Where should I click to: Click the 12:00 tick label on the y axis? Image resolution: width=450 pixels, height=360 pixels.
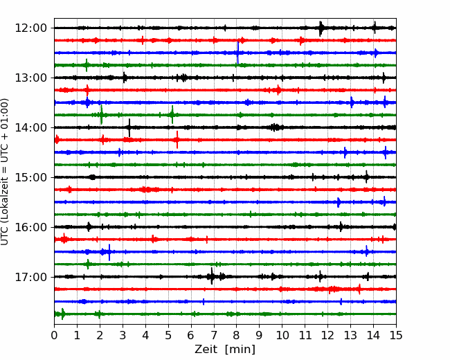(x=30, y=28)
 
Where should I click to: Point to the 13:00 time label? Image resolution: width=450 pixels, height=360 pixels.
(x=30, y=78)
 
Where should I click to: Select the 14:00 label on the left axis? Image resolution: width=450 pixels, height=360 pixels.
(x=30, y=127)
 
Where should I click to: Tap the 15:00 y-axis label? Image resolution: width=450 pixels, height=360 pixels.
(x=30, y=177)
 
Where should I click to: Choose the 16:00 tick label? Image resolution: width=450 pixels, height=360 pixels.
(x=30, y=227)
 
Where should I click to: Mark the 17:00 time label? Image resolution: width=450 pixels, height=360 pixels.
(x=30, y=277)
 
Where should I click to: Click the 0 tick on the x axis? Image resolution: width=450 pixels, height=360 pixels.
(x=54, y=335)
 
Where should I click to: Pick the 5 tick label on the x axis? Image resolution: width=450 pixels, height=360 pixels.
(x=168, y=335)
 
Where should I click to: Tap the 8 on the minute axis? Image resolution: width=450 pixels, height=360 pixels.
(x=237, y=335)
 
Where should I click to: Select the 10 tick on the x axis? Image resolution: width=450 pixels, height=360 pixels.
(x=282, y=335)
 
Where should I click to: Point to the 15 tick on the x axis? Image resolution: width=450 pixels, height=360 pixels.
(x=396, y=335)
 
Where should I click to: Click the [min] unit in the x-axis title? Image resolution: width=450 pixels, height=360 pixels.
(x=240, y=350)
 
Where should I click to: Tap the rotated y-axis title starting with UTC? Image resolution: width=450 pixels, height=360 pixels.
(x=5, y=172)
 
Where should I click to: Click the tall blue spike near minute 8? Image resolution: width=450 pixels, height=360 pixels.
(x=237, y=53)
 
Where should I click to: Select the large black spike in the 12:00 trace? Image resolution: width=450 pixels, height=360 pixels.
(x=321, y=28)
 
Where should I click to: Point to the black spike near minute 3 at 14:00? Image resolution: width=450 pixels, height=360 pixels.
(x=129, y=127)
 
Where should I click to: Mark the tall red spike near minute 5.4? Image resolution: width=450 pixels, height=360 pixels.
(x=177, y=140)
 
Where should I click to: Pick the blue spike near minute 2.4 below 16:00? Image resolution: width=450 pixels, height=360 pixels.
(x=109, y=252)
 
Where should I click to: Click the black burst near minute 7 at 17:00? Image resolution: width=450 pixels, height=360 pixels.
(x=212, y=276)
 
